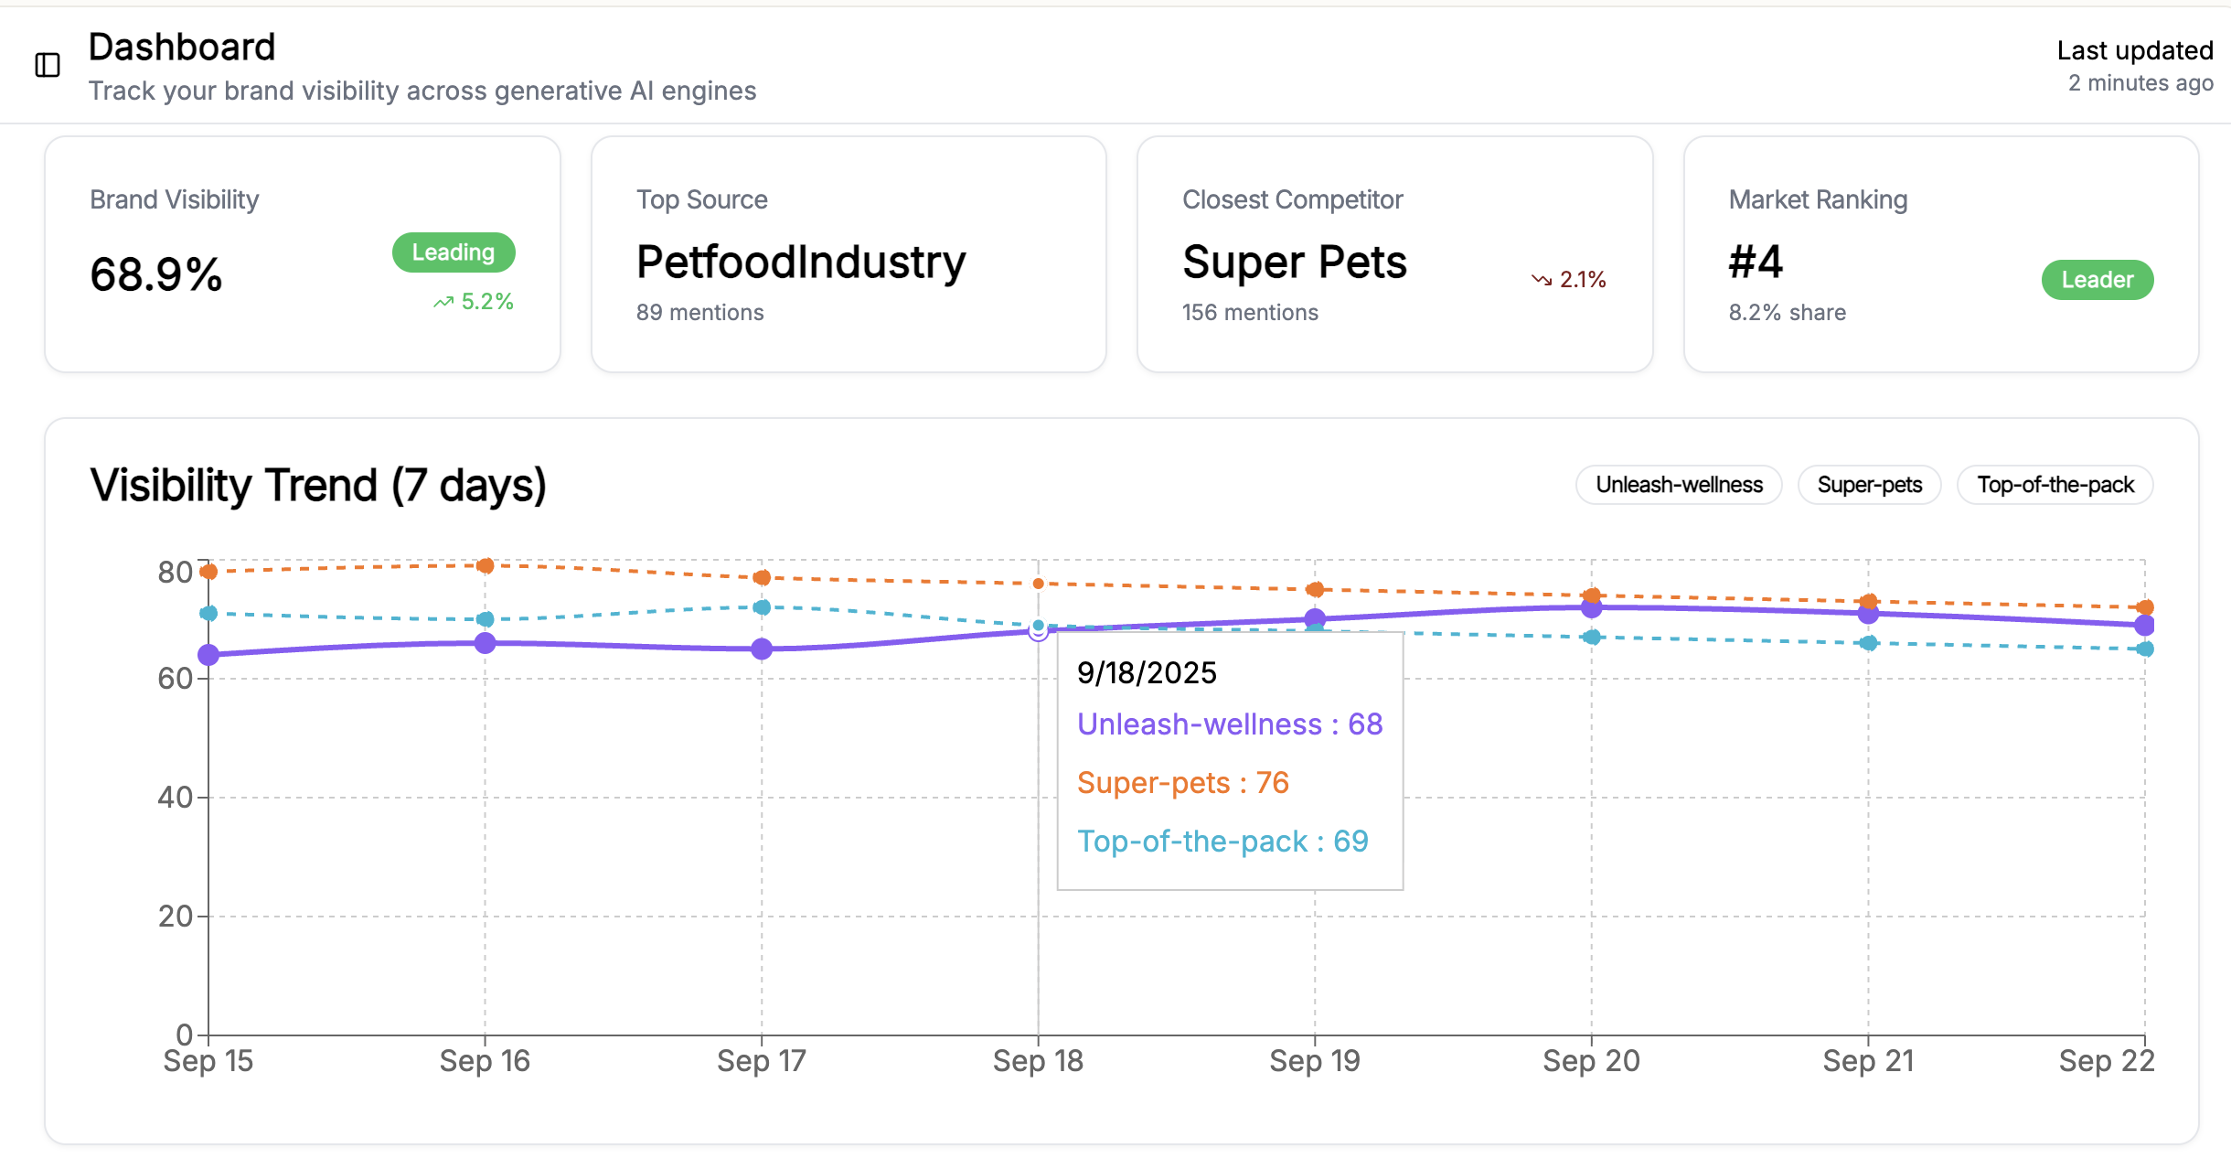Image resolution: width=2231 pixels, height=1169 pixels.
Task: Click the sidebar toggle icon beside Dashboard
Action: tap(48, 65)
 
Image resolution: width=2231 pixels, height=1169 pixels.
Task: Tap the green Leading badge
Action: tap(454, 252)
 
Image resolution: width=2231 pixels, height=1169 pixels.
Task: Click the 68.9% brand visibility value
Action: tap(156, 274)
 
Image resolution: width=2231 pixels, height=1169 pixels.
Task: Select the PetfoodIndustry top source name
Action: tap(801, 263)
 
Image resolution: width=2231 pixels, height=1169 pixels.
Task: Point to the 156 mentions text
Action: tap(1250, 313)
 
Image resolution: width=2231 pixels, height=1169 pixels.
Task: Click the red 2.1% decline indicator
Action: tap(1570, 280)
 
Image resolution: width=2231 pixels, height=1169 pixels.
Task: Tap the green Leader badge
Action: tap(2097, 280)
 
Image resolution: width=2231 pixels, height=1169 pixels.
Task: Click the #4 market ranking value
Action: tap(1756, 263)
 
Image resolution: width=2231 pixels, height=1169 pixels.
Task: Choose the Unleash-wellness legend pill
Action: tap(1679, 485)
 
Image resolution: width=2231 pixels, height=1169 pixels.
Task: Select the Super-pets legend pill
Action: tap(1869, 485)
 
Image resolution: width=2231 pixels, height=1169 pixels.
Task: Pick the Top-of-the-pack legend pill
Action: tap(2055, 485)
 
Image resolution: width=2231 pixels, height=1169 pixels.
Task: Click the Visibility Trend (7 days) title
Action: tap(318, 485)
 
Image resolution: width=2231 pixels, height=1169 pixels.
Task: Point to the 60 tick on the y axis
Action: tap(175, 679)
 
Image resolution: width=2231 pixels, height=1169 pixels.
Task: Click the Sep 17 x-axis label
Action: tap(762, 1061)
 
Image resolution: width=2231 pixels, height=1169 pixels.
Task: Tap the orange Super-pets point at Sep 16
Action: tap(486, 566)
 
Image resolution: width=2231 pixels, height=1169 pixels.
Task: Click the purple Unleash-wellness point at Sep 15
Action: tap(208, 655)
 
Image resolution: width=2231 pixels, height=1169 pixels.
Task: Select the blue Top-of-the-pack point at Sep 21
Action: tap(1869, 643)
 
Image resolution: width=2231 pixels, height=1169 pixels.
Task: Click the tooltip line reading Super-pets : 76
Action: tap(1182, 783)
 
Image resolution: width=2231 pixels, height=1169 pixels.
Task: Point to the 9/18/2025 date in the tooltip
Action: tap(1147, 673)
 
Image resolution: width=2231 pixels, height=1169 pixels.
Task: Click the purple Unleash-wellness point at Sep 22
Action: tap(2144, 626)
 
